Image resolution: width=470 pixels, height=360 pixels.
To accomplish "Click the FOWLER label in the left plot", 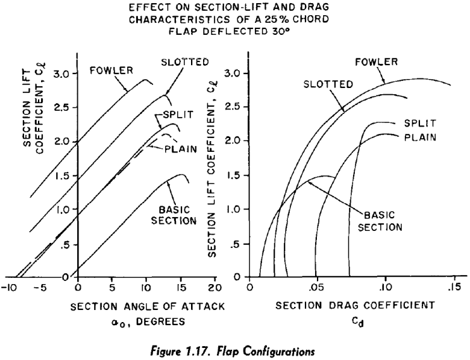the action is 111,70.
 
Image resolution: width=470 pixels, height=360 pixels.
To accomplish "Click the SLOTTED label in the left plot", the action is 185,62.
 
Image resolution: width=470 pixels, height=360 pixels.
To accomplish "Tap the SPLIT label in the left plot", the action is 178,115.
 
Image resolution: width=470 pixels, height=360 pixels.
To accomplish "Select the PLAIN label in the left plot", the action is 181,149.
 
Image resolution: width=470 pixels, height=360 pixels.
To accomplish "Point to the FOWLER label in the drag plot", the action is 376,62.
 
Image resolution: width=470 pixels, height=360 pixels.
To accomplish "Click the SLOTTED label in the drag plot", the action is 328,84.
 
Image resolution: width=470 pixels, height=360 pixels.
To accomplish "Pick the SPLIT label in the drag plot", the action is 420,123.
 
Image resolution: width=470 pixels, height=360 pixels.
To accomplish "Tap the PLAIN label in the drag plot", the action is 420,137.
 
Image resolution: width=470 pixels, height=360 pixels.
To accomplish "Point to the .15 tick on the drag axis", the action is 454,287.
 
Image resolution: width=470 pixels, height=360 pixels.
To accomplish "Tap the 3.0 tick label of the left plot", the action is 61,74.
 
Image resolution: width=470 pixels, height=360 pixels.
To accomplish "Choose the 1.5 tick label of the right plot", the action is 234,175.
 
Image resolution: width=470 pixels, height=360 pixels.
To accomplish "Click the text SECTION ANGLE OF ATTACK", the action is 147,307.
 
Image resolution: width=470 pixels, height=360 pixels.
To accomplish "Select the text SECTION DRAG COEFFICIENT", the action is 356,306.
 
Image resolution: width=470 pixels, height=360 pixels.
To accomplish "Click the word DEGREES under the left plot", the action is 161,321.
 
